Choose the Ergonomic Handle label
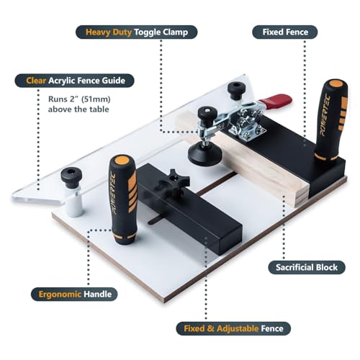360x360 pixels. [75, 294]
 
